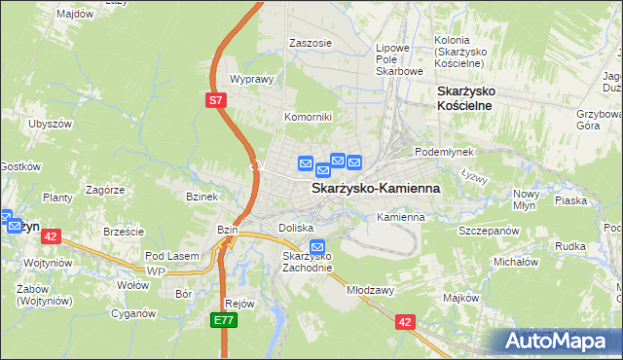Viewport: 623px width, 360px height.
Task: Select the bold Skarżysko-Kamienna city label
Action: [375, 188]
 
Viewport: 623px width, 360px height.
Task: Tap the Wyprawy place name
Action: [248, 79]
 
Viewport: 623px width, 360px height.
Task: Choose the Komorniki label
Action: [308, 117]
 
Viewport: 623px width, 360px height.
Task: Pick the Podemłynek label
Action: [443, 153]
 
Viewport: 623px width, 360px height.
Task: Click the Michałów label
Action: [516, 262]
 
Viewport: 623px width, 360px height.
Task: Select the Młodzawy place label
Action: [369, 289]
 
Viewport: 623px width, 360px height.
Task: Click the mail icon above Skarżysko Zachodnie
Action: [316, 247]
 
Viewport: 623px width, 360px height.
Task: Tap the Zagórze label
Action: [104, 190]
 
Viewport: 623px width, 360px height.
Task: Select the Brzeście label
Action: [124, 232]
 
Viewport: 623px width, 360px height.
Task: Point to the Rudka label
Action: [569, 246]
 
